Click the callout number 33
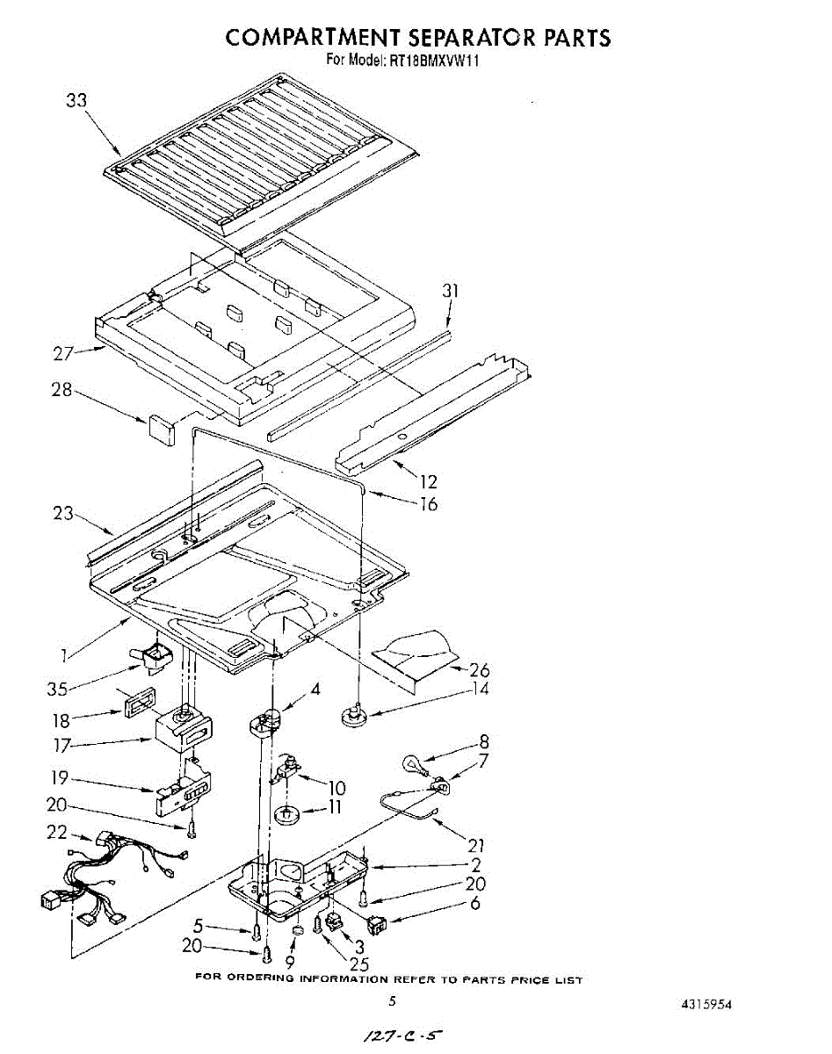click(77, 100)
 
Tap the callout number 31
click(451, 290)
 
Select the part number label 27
click(62, 354)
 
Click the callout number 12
click(428, 481)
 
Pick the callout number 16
click(428, 504)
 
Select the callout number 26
click(480, 670)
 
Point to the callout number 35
click(56, 689)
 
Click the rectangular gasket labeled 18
click(138, 704)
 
